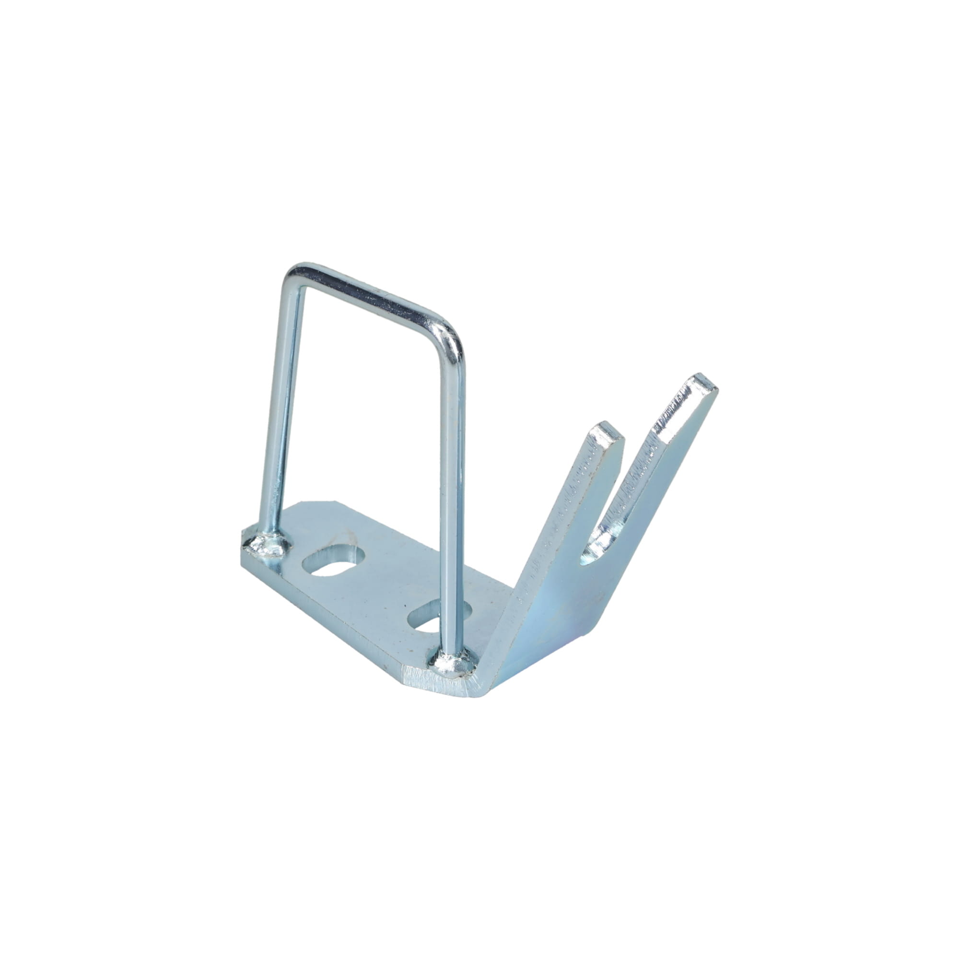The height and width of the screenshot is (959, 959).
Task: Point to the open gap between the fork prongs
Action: pyautogui.click(x=633, y=471)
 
